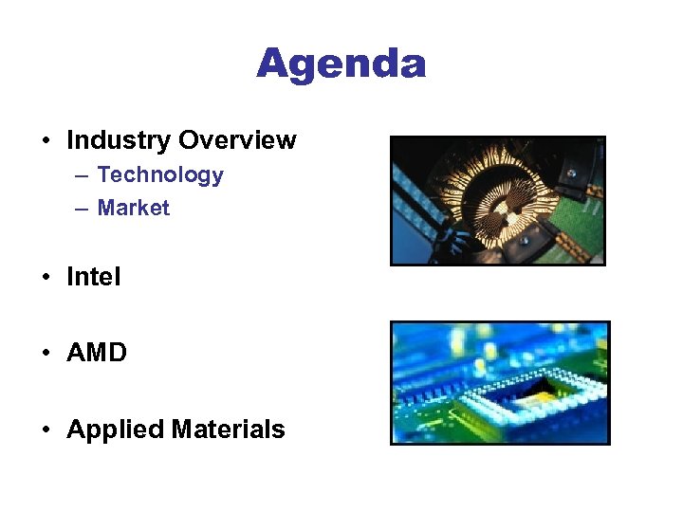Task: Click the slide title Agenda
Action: tap(341, 64)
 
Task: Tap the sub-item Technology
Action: tap(160, 174)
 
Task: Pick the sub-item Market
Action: tap(134, 208)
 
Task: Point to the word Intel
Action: tap(94, 277)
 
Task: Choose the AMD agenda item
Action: tap(97, 353)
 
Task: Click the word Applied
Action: tap(116, 430)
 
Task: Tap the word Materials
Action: tap(229, 430)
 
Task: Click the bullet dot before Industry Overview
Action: tap(46, 141)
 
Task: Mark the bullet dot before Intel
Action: tap(46, 278)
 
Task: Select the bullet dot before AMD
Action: tap(46, 354)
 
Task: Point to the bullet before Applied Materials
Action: tap(46, 430)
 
